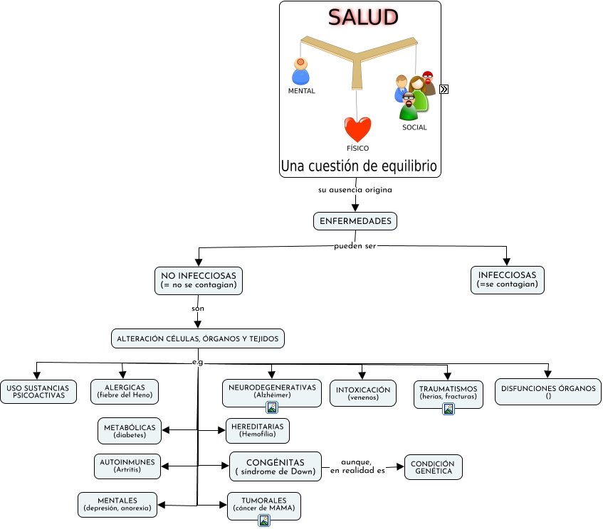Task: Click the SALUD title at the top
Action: pos(362,18)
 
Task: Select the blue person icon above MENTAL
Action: pos(300,72)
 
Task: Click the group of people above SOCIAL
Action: pos(414,95)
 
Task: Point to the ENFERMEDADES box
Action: pos(355,221)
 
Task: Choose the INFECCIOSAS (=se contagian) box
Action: pos(507,280)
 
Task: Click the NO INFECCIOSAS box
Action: pos(199,280)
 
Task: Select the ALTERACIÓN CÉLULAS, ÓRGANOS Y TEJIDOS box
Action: pos(198,338)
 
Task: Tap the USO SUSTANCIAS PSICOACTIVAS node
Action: pos(37,392)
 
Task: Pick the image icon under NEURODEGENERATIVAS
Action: pos(272,407)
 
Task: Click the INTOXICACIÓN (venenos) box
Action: pos(363,393)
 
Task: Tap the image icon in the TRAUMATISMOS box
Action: pos(449,409)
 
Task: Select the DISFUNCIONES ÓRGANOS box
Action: pos(548,392)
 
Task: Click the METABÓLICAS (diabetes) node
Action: pos(130,430)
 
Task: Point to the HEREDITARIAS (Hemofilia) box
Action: pos(257,430)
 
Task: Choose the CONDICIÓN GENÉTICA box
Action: pos(434,467)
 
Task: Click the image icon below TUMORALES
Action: pos(264,520)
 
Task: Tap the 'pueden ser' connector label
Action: pos(355,246)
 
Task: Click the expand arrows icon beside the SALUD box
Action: pos(444,90)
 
